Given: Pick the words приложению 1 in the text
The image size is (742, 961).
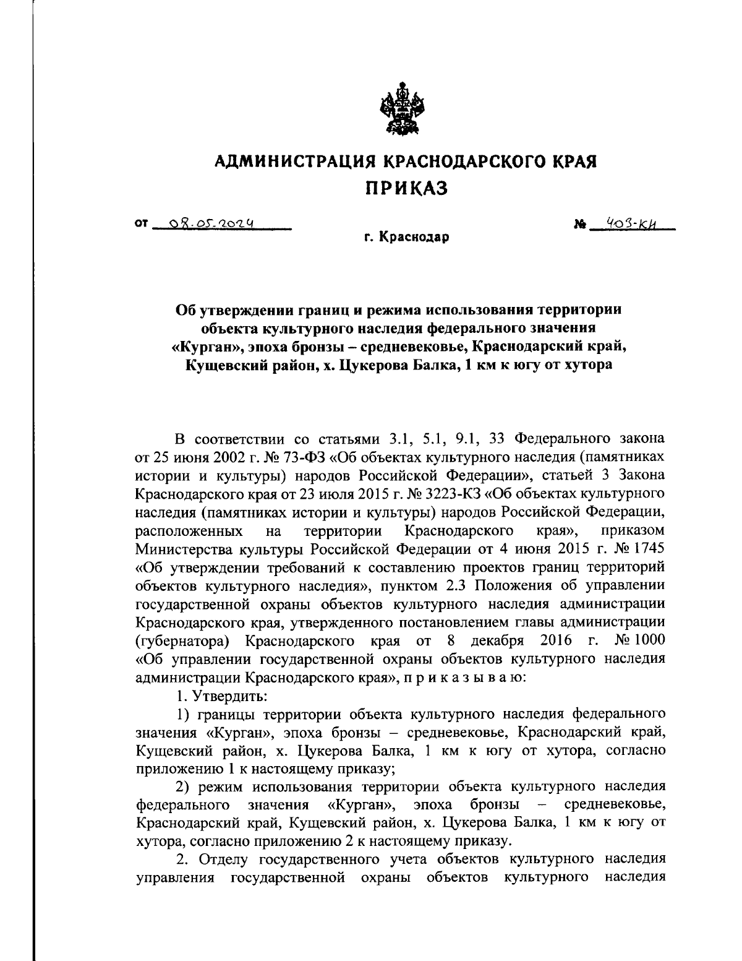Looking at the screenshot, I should (x=184, y=769).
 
